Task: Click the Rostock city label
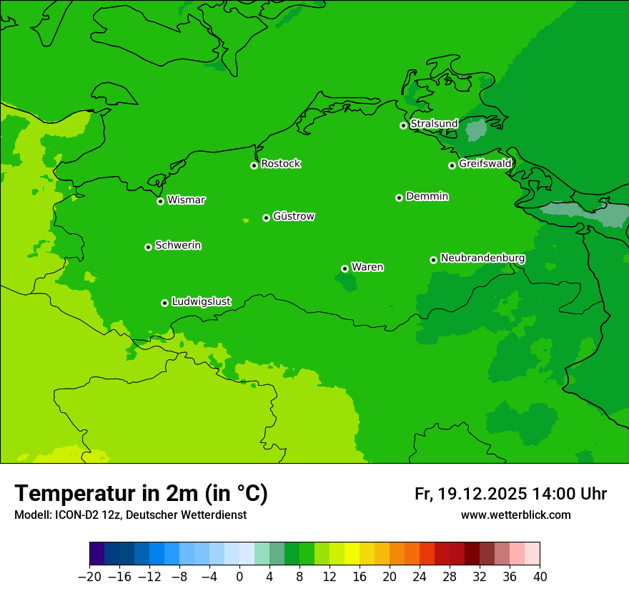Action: tap(280, 164)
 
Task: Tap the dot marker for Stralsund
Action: tap(403, 125)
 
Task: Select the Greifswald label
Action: tap(485, 164)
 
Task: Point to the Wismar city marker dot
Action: tap(161, 201)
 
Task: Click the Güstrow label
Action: tap(293, 216)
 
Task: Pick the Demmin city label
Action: tap(427, 196)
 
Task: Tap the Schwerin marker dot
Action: tap(148, 247)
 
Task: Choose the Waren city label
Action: tap(367, 267)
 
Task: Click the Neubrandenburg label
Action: tap(482, 258)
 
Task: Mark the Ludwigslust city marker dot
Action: tap(164, 303)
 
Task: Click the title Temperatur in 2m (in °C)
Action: tap(141, 493)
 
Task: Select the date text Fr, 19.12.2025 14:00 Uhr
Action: tap(510, 494)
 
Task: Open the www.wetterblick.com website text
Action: tap(515, 515)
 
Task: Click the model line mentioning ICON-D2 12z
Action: tap(130, 515)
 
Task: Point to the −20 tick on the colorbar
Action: tap(90, 577)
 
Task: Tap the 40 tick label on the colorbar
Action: tap(540, 577)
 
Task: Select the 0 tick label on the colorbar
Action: tap(239, 577)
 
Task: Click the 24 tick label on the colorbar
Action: tap(420, 577)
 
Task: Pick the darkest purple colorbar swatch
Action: tap(97, 554)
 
